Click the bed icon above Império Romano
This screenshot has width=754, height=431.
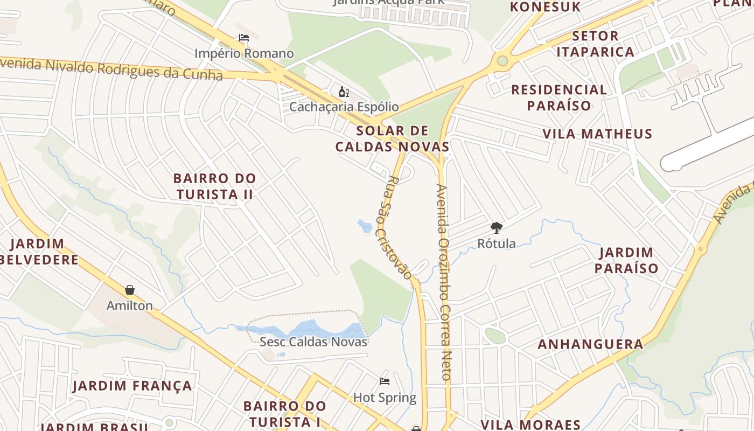244,38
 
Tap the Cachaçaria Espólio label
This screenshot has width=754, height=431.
344,107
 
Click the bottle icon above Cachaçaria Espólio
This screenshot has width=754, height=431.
344,92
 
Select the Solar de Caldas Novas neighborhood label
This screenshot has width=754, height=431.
392,138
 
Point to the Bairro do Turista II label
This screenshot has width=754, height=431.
214,186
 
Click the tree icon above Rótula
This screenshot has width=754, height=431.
496,228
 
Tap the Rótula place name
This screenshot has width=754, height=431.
496,244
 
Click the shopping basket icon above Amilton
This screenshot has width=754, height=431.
130,290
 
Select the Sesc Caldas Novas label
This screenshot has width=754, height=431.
313,342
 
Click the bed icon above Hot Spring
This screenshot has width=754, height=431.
385,381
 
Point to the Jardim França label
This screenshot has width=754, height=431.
132,386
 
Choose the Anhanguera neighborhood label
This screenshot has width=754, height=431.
590,344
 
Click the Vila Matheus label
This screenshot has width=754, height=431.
597,134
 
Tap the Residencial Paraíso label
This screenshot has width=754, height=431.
559,97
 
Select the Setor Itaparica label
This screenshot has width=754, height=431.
595,44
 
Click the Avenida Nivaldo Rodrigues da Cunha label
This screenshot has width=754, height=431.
110,68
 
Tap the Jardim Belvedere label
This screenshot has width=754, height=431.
38,252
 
